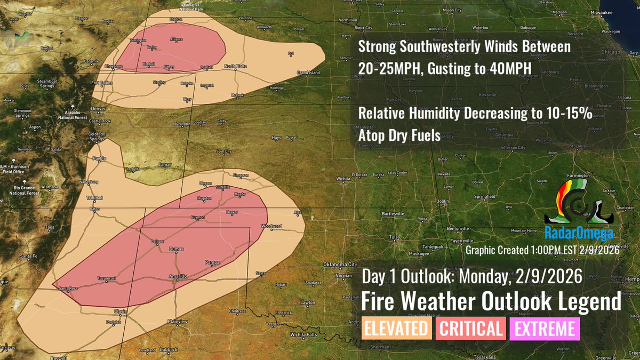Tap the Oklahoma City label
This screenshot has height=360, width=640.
tap(340, 265)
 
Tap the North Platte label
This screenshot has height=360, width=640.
tap(235, 66)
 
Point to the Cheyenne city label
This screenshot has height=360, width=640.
tap(114, 66)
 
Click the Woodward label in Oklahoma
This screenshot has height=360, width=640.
tap(271, 226)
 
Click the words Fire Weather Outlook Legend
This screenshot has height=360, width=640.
tap(491, 302)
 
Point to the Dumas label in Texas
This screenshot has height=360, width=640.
tap(176, 249)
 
